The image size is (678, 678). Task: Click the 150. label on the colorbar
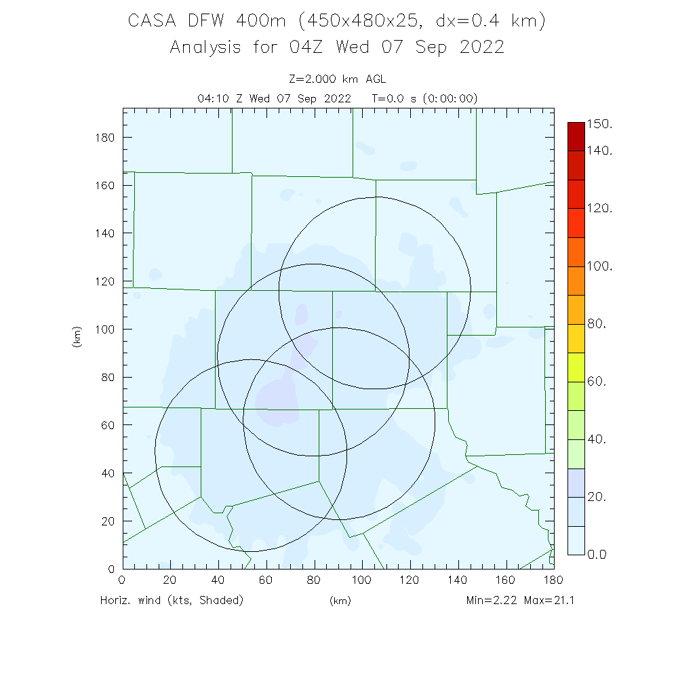pyautogui.click(x=599, y=125)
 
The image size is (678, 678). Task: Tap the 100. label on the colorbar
pyautogui.click(x=599, y=266)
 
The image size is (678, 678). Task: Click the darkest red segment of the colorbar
pyautogui.click(x=576, y=136)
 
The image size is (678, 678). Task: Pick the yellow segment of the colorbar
pyautogui.click(x=576, y=338)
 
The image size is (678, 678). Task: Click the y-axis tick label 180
pyautogui.click(x=106, y=138)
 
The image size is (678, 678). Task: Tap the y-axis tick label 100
pyautogui.click(x=106, y=330)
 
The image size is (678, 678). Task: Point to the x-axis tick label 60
pyautogui.click(x=266, y=580)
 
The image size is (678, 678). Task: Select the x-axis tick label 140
pyautogui.click(x=458, y=580)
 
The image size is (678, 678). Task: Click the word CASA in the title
pyautogui.click(x=148, y=22)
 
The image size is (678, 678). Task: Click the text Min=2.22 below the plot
pyautogui.click(x=490, y=600)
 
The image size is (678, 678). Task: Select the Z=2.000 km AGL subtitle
pyautogui.click(x=338, y=79)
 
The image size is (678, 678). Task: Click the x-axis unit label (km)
pyautogui.click(x=340, y=601)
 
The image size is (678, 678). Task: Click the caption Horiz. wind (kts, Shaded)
pyautogui.click(x=172, y=600)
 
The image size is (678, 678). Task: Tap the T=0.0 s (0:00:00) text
pyautogui.click(x=425, y=98)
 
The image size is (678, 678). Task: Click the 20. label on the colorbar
pyautogui.click(x=597, y=497)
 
